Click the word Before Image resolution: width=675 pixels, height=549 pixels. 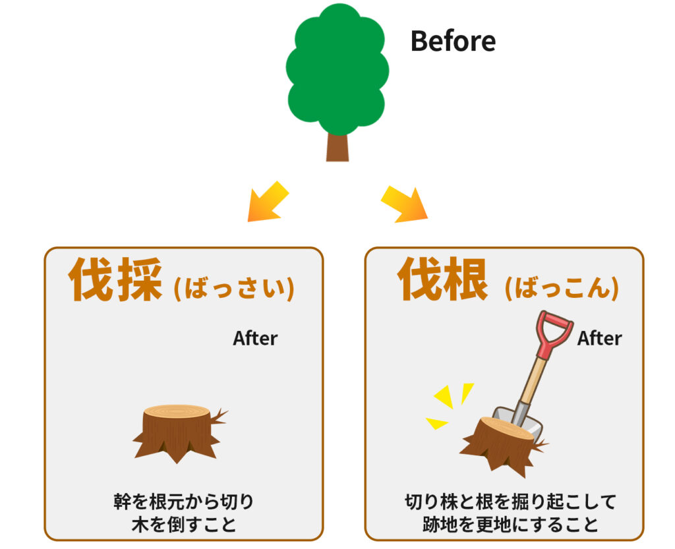[x=453, y=41]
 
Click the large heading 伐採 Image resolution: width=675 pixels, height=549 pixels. [x=115, y=279]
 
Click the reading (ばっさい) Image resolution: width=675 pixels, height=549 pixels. [x=233, y=288]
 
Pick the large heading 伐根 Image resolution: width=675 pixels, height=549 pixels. [x=443, y=280]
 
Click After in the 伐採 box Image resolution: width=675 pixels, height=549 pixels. [x=255, y=338]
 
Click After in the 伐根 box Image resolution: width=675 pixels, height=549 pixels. [x=599, y=338]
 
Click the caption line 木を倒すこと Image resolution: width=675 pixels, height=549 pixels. [x=183, y=525]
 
